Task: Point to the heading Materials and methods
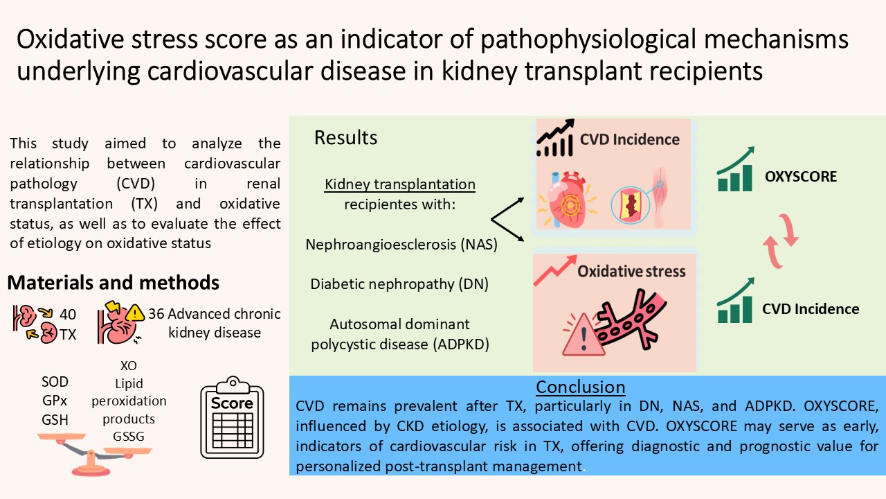[114, 283]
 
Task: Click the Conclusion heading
[581, 387]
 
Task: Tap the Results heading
[346, 137]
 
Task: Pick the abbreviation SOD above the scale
[55, 383]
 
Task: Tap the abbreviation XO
[129, 365]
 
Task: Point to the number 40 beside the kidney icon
[68, 314]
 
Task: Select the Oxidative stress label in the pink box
[631, 270]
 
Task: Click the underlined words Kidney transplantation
[401, 185]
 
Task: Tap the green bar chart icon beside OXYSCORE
[735, 169]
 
